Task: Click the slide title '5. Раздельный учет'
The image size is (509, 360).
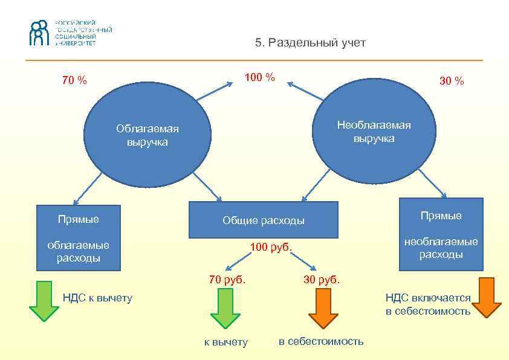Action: (310, 43)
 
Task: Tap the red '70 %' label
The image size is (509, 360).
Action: (74, 80)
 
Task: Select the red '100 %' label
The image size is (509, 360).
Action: (259, 77)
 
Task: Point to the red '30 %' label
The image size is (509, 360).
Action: (452, 81)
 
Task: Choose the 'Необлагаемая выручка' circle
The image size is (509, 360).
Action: (374, 132)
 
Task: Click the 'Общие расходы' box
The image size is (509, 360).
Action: (263, 220)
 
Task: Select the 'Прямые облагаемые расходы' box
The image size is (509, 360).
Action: (79, 238)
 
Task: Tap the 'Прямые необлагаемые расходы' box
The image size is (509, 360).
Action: (441, 234)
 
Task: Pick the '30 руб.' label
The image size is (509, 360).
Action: (322, 280)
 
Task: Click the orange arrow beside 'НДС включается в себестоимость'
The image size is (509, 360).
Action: (487, 297)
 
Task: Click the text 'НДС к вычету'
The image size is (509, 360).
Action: (97, 297)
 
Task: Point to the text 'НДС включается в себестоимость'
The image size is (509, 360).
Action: (428, 304)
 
